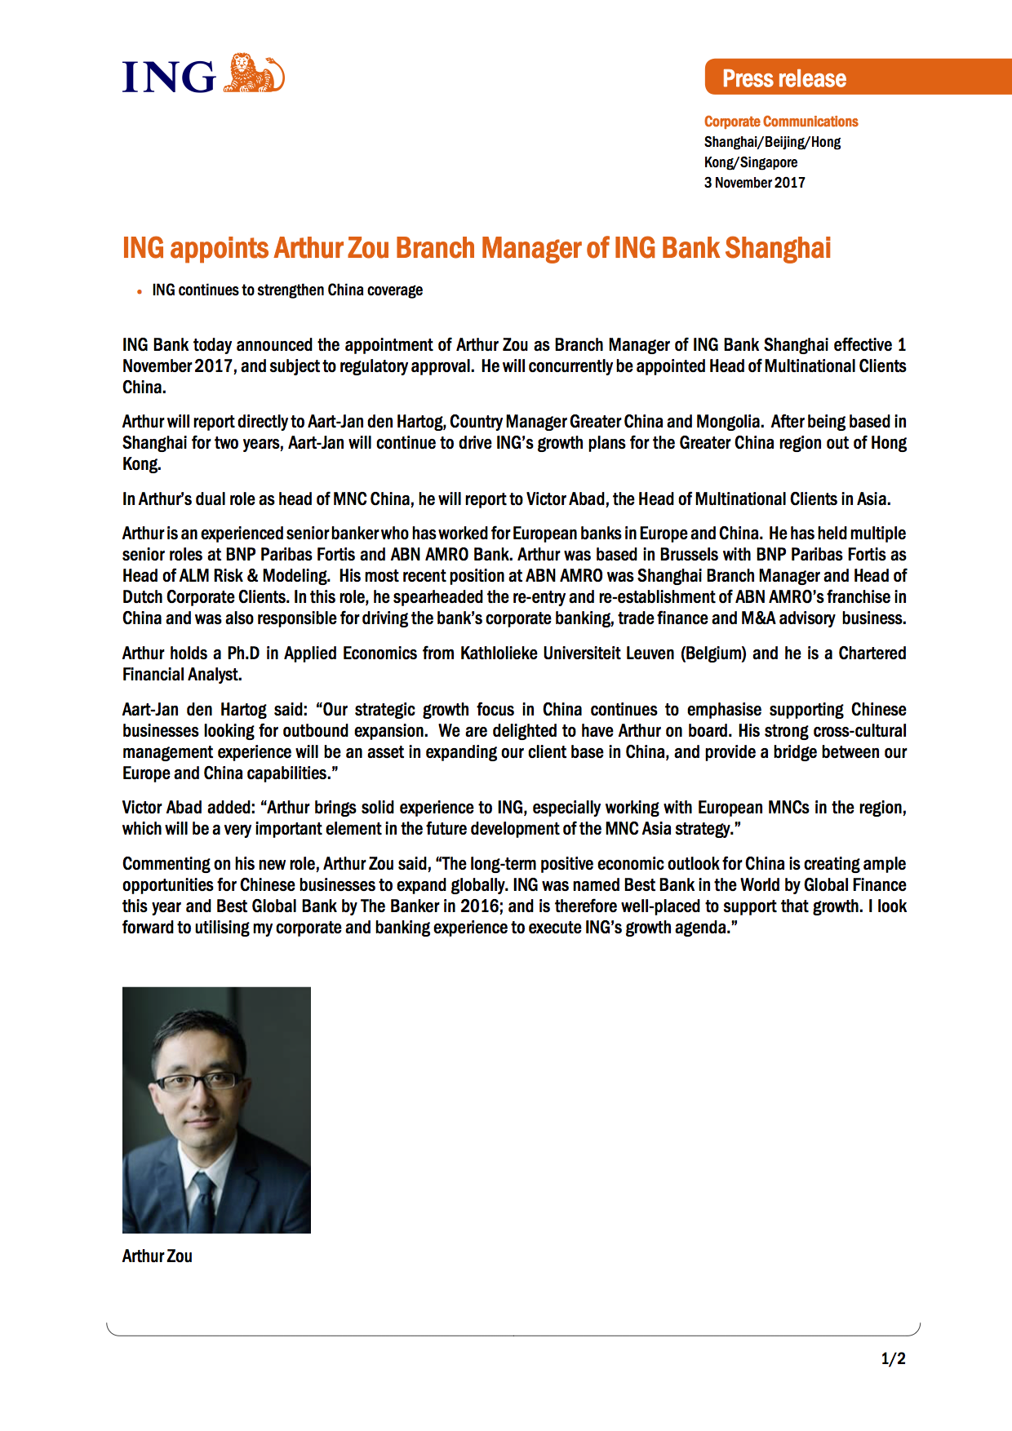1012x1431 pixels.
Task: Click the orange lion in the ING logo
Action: (254, 73)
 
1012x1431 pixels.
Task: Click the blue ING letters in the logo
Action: (169, 78)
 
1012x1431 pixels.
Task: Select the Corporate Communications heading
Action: (781, 122)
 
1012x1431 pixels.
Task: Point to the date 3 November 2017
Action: (754, 183)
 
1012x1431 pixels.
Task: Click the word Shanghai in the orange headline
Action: (778, 247)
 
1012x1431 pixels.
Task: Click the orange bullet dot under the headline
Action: (140, 291)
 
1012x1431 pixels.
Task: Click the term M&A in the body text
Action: (757, 618)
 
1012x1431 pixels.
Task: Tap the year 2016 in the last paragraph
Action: (480, 906)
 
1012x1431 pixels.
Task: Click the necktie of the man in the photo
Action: (202, 1199)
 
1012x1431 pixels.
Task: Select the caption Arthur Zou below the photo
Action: (158, 1256)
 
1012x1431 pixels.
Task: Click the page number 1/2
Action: (893, 1358)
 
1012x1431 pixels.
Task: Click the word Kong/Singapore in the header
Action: (751, 162)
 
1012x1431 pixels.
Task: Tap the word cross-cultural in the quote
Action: (859, 731)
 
